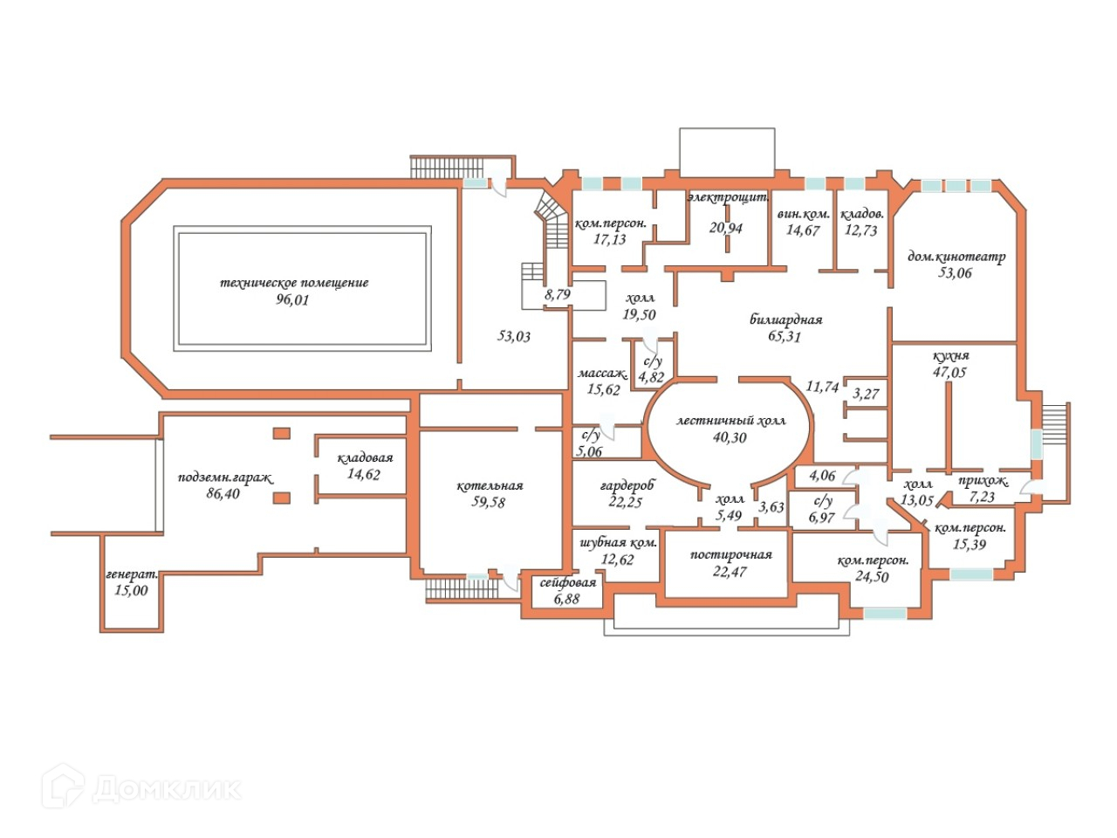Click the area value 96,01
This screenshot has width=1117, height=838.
coord(293,300)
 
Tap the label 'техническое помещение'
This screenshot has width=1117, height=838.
coord(294,283)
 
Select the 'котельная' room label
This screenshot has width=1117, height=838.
coord(490,486)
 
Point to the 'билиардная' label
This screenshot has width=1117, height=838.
coord(785,319)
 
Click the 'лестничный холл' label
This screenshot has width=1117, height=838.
coord(730,421)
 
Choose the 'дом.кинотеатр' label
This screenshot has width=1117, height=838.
coord(956,257)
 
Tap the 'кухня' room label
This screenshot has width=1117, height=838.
coord(950,356)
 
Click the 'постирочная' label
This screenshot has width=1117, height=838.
coord(730,555)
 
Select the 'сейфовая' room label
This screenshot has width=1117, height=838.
coord(567,583)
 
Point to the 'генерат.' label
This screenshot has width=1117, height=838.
coord(132,574)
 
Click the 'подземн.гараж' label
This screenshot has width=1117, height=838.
coord(225,477)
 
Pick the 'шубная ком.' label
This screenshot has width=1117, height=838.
coord(618,543)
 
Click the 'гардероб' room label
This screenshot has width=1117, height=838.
coord(627,485)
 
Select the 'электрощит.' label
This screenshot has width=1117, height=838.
coord(727,198)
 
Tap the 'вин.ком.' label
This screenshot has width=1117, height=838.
coord(803,215)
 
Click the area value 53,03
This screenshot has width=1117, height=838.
coord(514,336)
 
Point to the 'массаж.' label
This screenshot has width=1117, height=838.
coord(603,374)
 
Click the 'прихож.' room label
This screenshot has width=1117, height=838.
coord(983,482)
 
